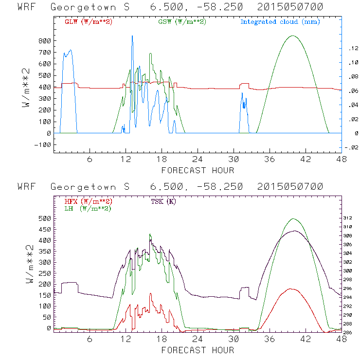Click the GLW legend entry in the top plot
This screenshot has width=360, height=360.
click(x=89, y=22)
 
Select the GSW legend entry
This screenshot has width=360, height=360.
click(x=181, y=22)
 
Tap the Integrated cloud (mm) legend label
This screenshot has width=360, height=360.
click(x=280, y=22)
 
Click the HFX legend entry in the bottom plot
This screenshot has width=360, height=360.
click(x=89, y=201)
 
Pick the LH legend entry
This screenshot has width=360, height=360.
click(x=88, y=208)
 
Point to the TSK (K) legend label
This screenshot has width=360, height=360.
click(x=164, y=201)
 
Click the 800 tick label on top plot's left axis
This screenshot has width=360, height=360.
click(x=44, y=41)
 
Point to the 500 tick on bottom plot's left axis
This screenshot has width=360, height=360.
click(x=44, y=218)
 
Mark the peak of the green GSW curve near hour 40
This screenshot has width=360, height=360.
click(x=292, y=36)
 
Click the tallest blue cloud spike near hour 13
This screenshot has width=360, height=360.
click(x=132, y=36)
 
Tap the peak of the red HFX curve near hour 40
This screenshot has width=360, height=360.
click(x=292, y=289)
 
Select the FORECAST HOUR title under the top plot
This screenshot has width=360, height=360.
click(x=198, y=170)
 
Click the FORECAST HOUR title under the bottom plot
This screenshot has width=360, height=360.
click(x=198, y=350)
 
